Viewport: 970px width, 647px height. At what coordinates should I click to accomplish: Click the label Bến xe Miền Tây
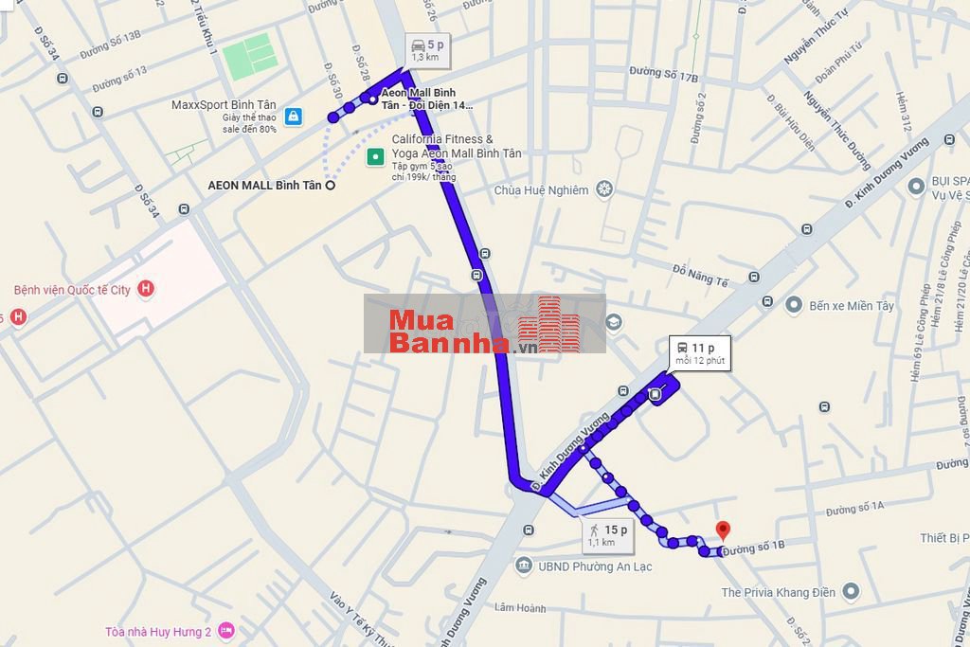click(852, 306)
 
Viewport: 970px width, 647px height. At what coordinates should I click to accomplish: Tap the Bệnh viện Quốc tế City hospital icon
click(146, 289)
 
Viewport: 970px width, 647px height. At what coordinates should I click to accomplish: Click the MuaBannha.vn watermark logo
click(485, 324)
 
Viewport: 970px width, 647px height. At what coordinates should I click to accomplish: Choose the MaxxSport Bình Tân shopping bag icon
click(294, 116)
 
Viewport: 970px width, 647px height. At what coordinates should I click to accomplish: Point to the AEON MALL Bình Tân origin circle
click(331, 186)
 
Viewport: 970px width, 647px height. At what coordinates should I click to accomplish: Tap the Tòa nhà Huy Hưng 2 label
click(158, 631)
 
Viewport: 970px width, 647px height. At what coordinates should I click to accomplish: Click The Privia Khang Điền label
click(778, 592)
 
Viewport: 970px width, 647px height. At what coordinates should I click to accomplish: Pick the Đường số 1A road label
click(853, 509)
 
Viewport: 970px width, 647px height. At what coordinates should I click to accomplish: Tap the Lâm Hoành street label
click(519, 608)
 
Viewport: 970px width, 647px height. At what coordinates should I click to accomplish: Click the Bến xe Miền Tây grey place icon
click(793, 305)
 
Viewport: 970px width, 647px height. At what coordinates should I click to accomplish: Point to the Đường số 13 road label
click(119, 80)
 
